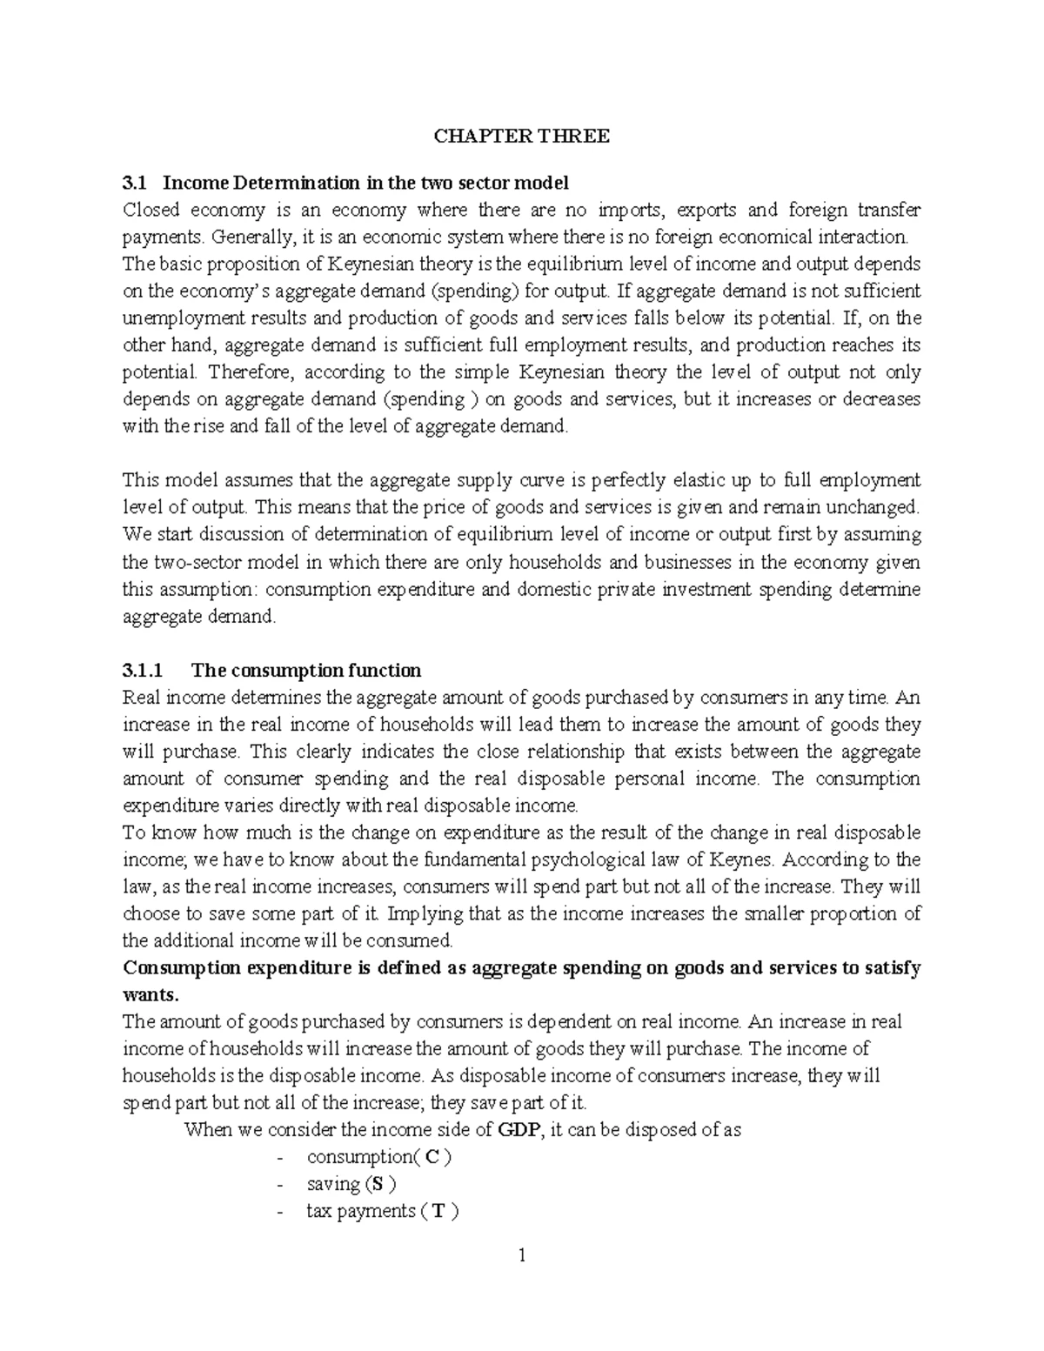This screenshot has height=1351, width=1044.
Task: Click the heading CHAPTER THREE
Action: [522, 136]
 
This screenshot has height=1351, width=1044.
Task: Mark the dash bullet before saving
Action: [278, 1184]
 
